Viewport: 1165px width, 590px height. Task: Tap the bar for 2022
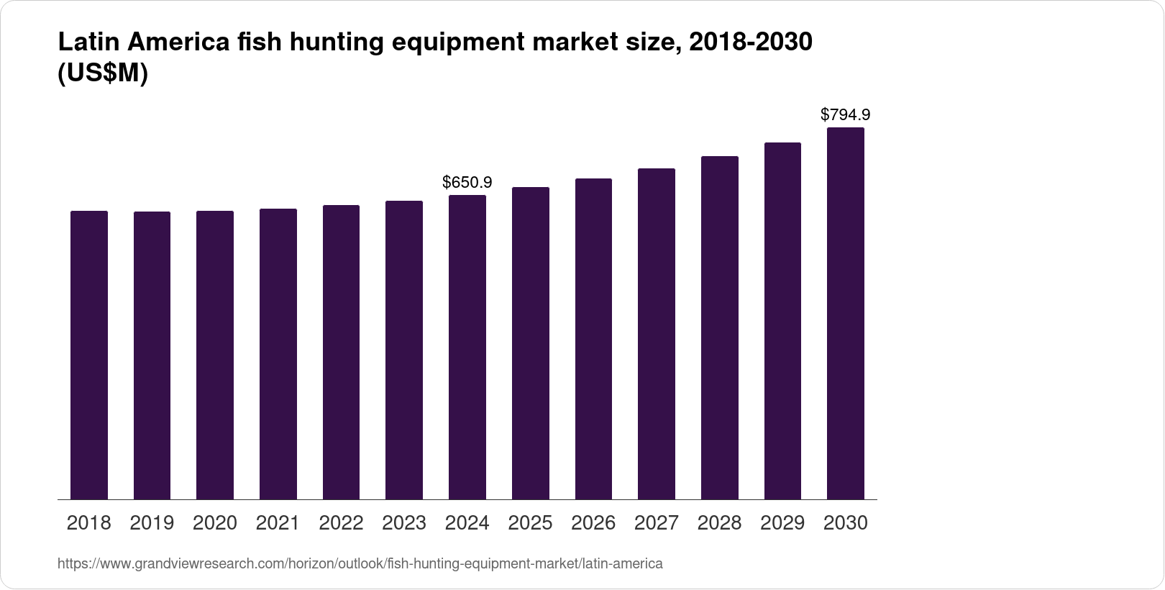click(x=341, y=352)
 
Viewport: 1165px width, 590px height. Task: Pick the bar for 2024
click(x=467, y=347)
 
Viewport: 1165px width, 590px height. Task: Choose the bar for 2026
click(x=593, y=339)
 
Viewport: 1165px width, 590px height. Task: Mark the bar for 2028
click(x=720, y=327)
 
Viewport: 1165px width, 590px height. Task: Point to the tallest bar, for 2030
click(x=846, y=313)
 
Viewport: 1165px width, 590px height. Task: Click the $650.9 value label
click(x=467, y=183)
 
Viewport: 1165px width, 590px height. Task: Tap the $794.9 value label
click(x=846, y=114)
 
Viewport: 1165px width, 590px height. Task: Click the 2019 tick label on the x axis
click(x=152, y=523)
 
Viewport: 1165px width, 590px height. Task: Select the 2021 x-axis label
click(x=278, y=523)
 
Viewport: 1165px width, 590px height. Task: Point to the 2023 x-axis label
click(x=404, y=523)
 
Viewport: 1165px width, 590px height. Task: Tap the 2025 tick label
click(x=531, y=523)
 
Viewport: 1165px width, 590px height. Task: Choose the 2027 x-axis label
click(x=657, y=523)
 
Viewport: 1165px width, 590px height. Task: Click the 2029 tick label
click(x=782, y=523)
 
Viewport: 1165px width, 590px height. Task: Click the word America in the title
click(x=180, y=43)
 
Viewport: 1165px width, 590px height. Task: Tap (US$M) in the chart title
click(x=102, y=73)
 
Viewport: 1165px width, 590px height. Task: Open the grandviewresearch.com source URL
click(x=360, y=564)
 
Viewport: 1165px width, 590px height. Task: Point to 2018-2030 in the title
click(x=750, y=43)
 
